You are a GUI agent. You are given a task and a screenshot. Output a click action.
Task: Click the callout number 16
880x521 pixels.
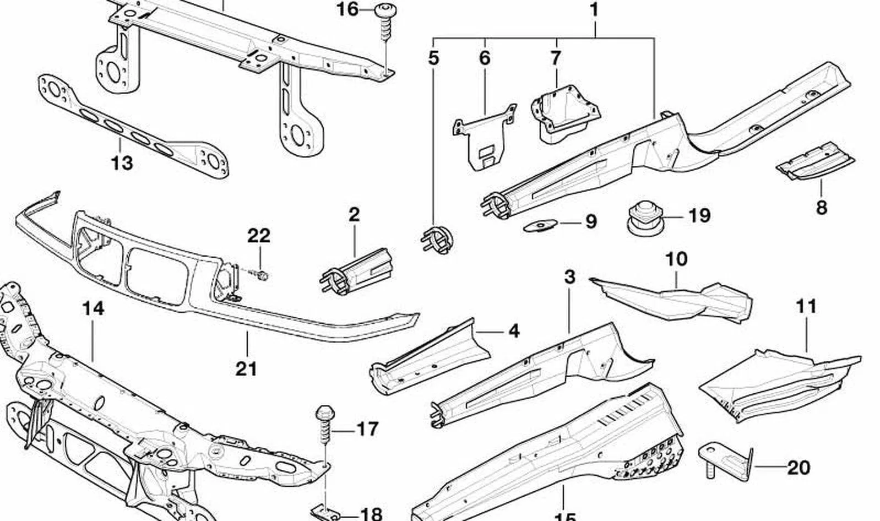348,9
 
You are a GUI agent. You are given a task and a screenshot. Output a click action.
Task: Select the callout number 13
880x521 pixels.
122,162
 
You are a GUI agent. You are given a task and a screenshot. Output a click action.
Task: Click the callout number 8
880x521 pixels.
822,208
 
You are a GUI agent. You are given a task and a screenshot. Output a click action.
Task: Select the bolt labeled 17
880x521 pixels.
325,424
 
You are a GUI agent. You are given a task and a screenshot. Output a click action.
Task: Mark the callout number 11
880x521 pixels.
807,306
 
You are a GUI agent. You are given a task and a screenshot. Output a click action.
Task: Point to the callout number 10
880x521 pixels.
676,259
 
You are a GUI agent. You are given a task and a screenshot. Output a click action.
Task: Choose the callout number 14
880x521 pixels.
94,308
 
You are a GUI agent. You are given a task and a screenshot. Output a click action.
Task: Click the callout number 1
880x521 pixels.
594,9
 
